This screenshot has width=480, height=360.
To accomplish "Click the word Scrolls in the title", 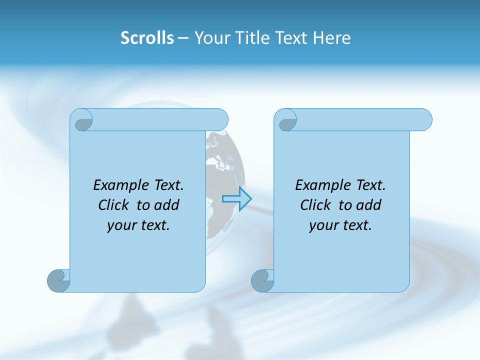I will [147, 38].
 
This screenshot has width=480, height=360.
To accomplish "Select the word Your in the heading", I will [210, 38].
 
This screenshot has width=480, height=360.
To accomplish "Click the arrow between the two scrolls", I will [236, 199].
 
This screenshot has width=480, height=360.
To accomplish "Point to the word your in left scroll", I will [121, 225].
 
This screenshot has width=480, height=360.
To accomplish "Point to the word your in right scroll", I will [323, 225].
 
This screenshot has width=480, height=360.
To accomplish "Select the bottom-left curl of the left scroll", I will [59, 280].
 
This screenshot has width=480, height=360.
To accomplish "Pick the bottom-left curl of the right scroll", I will [262, 280].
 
